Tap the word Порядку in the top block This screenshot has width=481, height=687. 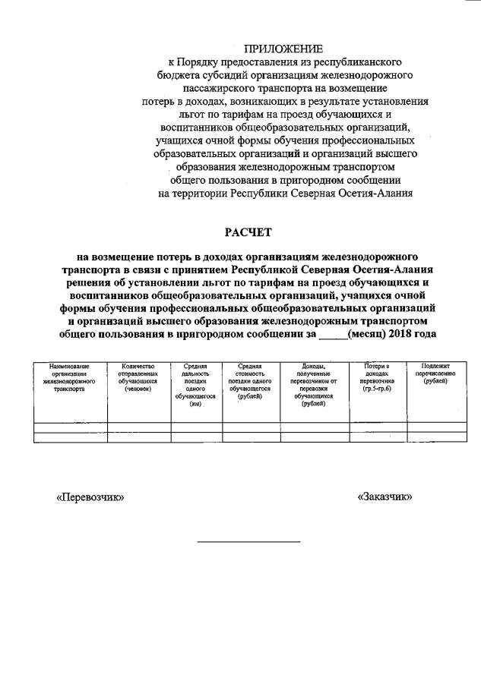pos(203,61)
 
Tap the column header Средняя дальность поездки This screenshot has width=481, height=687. pos(195,380)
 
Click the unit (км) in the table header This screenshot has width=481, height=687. pos(195,403)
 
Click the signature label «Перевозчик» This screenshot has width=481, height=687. pos(90,497)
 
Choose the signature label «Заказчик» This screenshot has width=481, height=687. pos(384,497)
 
